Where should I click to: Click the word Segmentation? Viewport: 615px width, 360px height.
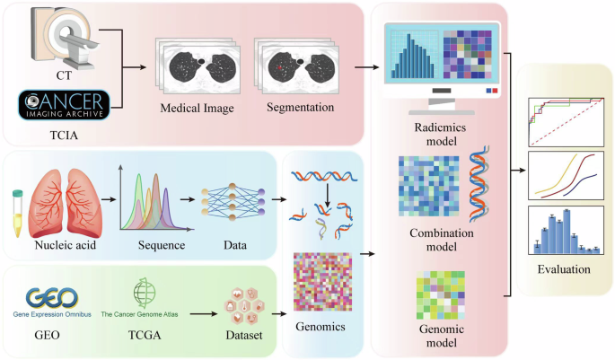300,110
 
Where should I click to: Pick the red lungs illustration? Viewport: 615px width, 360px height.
59,196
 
